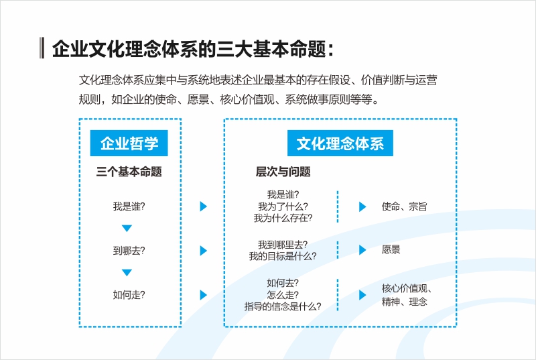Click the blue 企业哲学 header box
[129, 143]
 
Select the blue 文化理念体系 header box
[340, 143]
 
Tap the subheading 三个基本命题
[129, 172]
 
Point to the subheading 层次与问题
[283, 172]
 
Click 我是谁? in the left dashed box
[129, 206]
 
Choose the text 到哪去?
[129, 251]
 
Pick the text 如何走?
[129, 295]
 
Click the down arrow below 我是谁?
[127, 229]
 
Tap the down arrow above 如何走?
[127, 272]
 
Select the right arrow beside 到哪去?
[204, 251]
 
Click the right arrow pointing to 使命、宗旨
[362, 206]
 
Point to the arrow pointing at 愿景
[362, 250]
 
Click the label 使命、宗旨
[405, 206]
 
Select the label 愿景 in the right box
[391, 249]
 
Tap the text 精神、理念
[405, 302]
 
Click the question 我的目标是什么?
[283, 256]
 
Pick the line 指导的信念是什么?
[283, 306]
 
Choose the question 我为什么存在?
[283, 218]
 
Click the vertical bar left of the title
[42, 48]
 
